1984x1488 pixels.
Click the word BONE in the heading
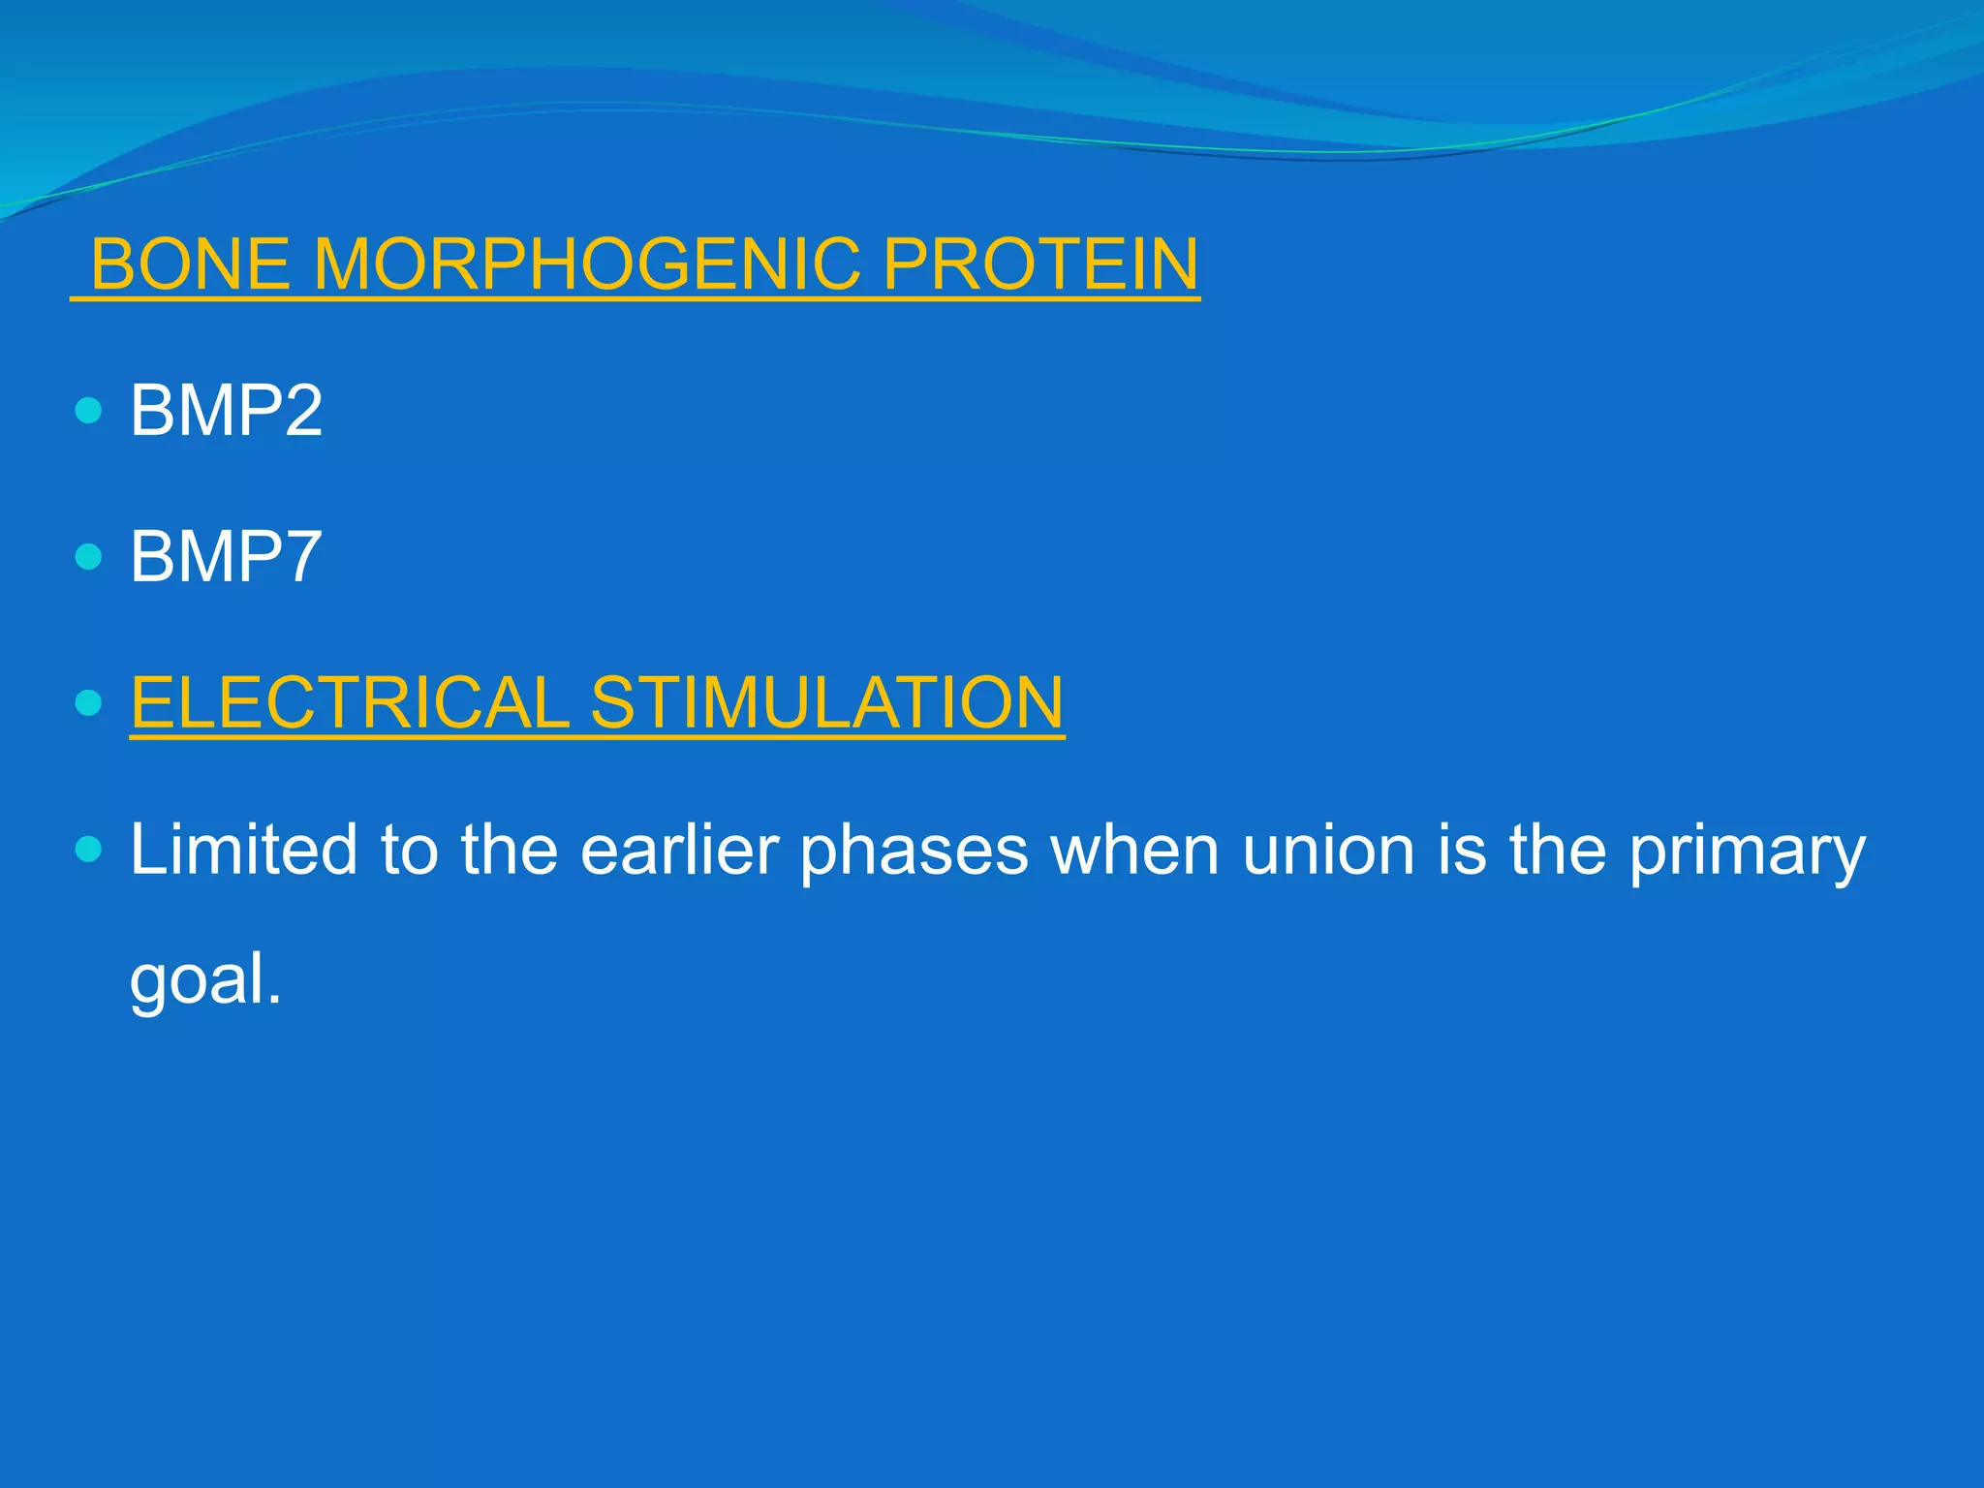190,264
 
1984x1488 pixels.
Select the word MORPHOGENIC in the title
587,264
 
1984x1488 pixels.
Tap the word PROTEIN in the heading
1040,264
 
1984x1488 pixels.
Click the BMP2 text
226,411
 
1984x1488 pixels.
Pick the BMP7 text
226,557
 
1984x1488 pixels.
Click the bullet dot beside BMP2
88,411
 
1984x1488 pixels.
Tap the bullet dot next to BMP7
88,557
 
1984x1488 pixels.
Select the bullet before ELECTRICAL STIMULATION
88,702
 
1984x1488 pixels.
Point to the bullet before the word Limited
88,850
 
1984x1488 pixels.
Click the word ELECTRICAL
350,702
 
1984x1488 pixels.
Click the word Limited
243,850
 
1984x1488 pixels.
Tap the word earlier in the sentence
679,850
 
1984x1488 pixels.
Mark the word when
1134,850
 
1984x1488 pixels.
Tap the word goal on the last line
198,980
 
